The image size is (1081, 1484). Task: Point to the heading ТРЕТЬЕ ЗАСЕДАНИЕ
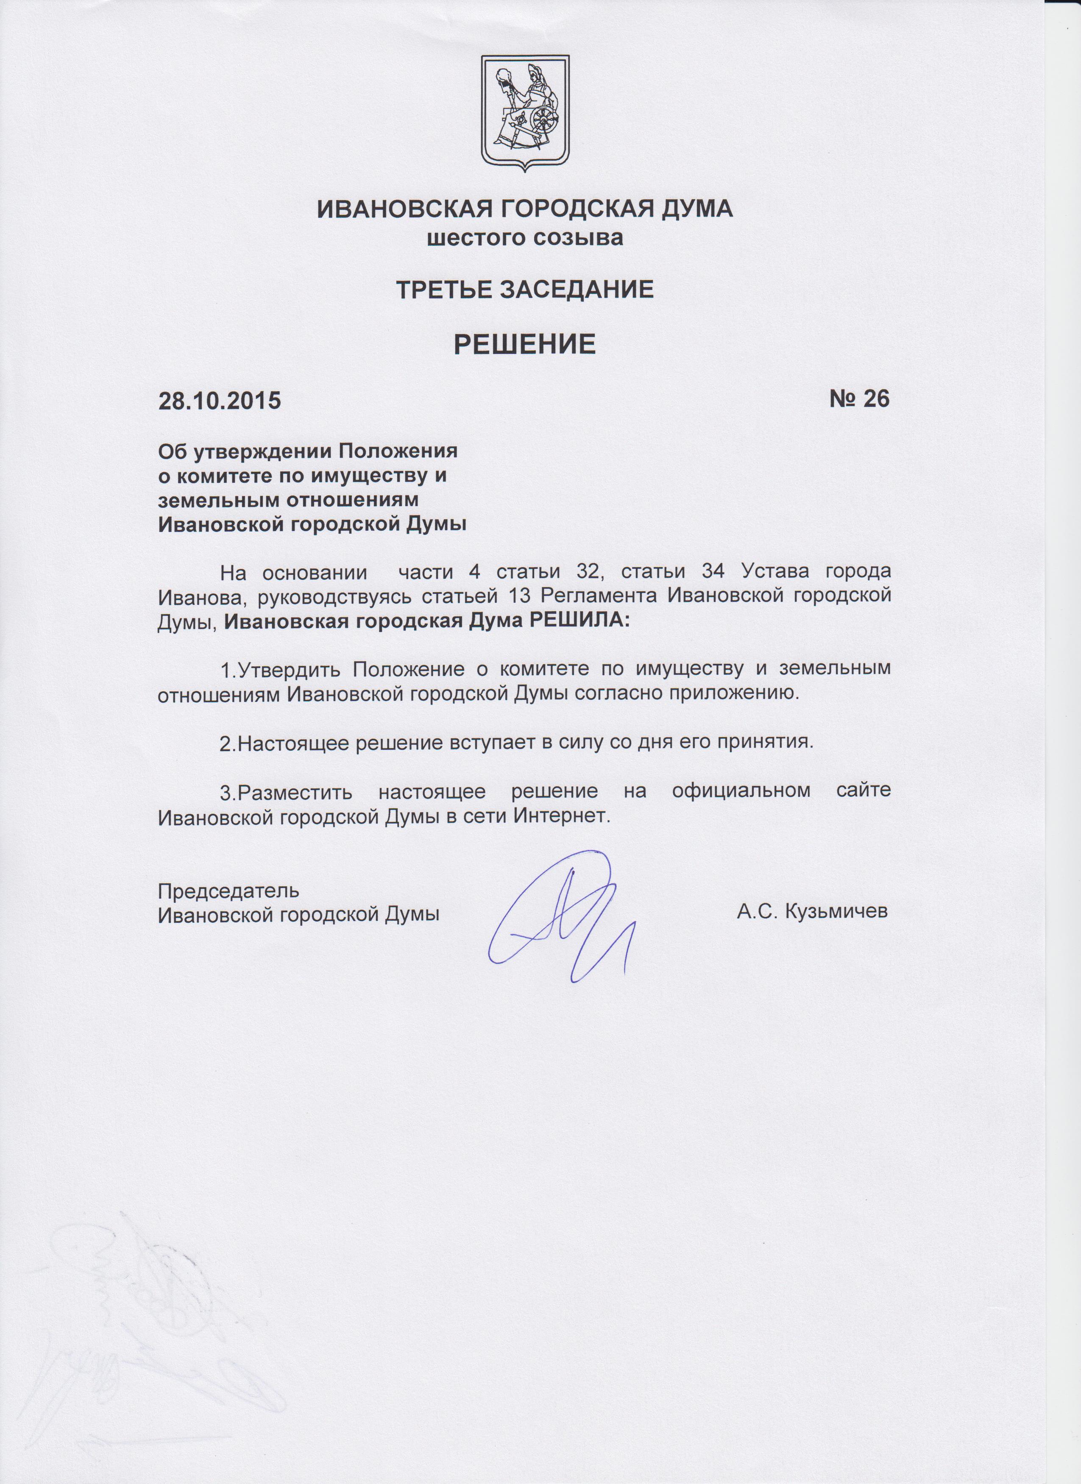(525, 289)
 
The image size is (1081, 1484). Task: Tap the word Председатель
(229, 891)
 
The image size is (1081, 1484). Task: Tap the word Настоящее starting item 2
(288, 744)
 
